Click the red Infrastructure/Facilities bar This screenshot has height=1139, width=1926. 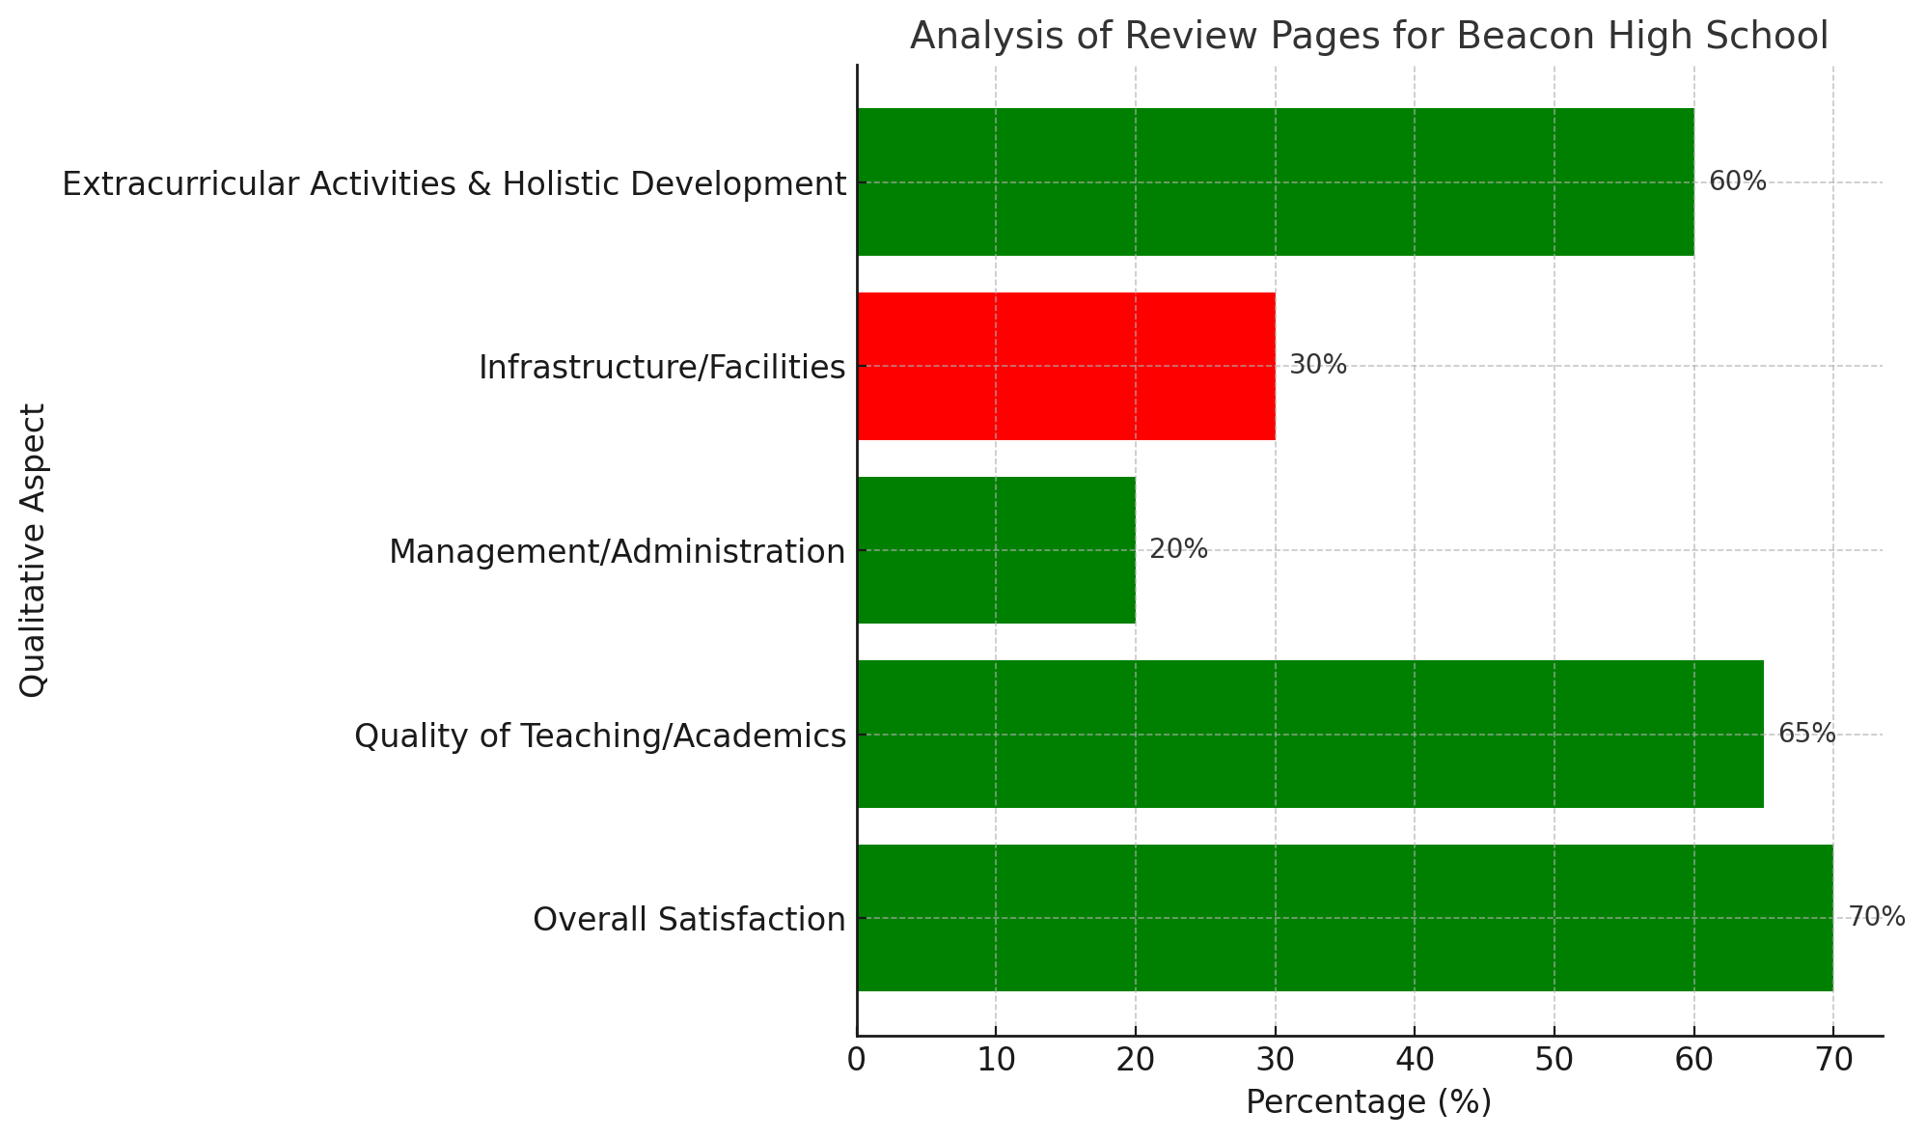(x=1065, y=367)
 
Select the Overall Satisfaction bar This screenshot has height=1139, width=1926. (x=1344, y=918)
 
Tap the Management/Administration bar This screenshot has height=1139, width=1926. (x=996, y=550)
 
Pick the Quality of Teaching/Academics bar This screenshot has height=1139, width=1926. (x=1309, y=735)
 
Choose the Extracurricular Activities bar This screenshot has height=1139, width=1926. (x=1275, y=182)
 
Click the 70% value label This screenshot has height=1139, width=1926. (x=1876, y=917)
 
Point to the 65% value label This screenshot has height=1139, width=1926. (x=1806, y=734)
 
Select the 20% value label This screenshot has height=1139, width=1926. (x=1178, y=549)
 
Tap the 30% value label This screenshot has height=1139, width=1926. (x=1317, y=365)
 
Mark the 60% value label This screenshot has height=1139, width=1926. (x=1737, y=181)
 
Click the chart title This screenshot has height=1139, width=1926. (x=1368, y=37)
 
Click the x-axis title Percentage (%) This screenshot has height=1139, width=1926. (x=1368, y=1102)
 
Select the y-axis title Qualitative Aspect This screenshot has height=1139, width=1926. (x=34, y=550)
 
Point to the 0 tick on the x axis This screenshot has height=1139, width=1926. (x=857, y=1060)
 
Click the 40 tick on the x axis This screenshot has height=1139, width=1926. (x=1415, y=1060)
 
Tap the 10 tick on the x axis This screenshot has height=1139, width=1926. (x=996, y=1060)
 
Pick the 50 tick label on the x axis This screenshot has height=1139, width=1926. (x=1554, y=1060)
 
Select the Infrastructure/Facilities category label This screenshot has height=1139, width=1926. (x=662, y=368)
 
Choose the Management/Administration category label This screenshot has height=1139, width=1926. (x=617, y=552)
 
